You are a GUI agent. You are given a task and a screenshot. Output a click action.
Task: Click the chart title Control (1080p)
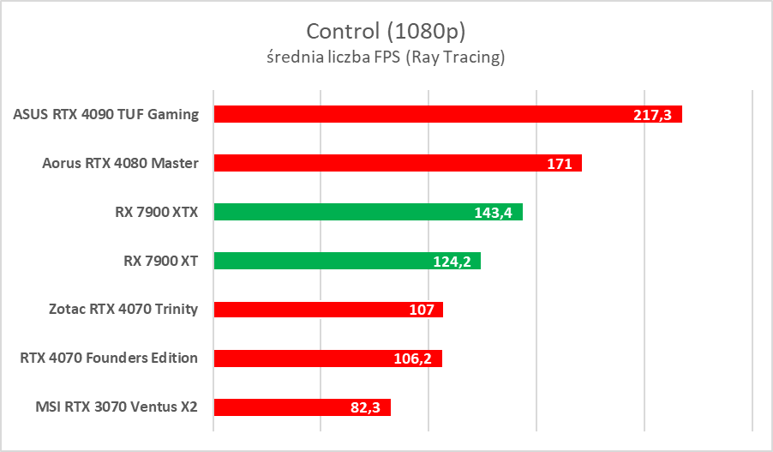coord(386,31)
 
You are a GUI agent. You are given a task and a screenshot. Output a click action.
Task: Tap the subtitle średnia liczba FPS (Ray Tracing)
coord(386,57)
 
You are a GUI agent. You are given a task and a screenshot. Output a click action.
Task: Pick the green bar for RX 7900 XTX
coord(343,212)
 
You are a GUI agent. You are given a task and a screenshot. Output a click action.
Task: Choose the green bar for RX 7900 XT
coord(326,261)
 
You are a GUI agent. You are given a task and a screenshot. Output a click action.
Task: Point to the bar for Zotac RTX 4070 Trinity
coord(309,310)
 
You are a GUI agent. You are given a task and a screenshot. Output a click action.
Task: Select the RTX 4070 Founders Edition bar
coord(309,359)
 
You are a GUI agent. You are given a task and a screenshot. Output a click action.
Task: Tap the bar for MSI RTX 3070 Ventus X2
coord(283,407)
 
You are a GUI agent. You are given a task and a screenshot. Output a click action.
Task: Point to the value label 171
coord(560,164)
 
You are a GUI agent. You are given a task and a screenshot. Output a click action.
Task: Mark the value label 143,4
coord(493,213)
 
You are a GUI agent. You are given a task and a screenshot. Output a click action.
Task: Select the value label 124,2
coord(452,262)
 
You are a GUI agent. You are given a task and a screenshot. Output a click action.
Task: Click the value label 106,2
coord(413,359)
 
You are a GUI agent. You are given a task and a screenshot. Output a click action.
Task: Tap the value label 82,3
coord(366,408)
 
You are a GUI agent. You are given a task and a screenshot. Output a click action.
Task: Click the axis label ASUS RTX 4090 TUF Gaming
coord(106,114)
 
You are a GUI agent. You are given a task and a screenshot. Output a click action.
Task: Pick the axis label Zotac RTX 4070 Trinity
coord(123,310)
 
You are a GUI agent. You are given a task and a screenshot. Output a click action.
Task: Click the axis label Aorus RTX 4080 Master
coord(120,163)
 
